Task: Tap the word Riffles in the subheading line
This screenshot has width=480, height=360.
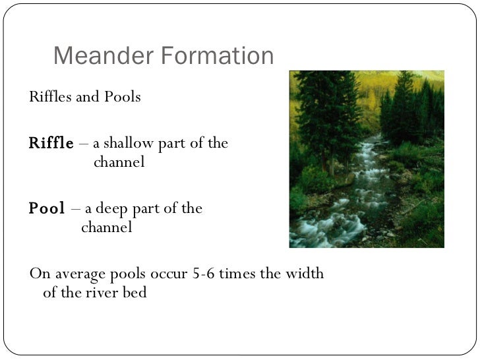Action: (50, 98)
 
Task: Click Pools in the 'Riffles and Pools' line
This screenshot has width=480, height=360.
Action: (122, 98)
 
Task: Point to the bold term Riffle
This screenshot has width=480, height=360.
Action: (51, 144)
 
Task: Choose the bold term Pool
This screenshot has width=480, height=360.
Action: (46, 209)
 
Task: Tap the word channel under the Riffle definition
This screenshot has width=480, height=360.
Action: (119, 162)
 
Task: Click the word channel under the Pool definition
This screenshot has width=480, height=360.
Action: (106, 227)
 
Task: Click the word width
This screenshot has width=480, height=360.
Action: (304, 274)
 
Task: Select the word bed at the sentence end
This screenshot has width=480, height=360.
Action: (135, 292)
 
